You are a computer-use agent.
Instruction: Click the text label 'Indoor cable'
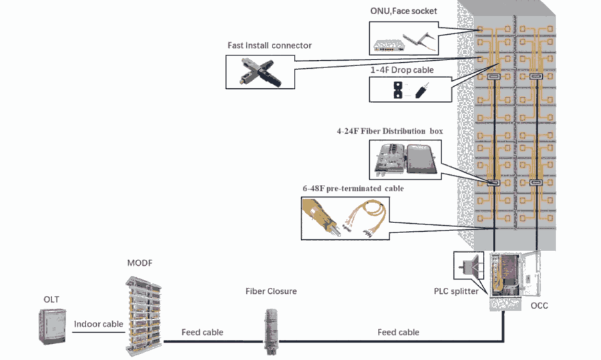(98, 324)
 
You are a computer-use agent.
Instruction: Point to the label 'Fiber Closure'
(270, 291)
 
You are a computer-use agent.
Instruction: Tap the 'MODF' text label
(140, 263)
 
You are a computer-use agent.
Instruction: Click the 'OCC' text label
(539, 305)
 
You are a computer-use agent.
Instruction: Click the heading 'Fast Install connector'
(269, 45)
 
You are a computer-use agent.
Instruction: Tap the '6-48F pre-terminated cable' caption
(353, 189)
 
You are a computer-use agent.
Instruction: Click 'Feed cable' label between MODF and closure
(202, 332)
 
